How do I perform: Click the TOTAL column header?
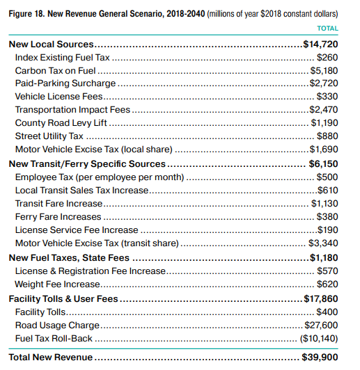click(327, 29)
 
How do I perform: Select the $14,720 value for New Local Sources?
click(320, 44)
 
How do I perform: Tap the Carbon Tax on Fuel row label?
click(55, 70)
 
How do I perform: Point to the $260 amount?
click(327, 57)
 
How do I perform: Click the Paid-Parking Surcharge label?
click(65, 83)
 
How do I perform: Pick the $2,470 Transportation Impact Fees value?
click(324, 110)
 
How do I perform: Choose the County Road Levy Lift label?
click(61, 123)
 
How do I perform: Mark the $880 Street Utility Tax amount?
click(327, 136)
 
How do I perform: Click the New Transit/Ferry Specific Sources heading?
click(87, 164)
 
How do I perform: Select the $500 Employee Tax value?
click(327, 177)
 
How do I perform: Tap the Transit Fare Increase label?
click(58, 204)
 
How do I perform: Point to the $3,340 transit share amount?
click(323, 243)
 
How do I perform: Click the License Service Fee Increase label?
click(77, 230)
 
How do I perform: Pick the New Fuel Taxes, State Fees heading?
click(69, 258)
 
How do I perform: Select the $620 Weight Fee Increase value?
click(327, 284)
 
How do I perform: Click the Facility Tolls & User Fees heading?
click(63, 299)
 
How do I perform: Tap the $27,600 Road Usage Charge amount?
click(321, 325)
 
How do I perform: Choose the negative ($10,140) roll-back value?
click(319, 339)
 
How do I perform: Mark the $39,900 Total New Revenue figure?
click(320, 357)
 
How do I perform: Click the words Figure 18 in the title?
click(26, 14)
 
